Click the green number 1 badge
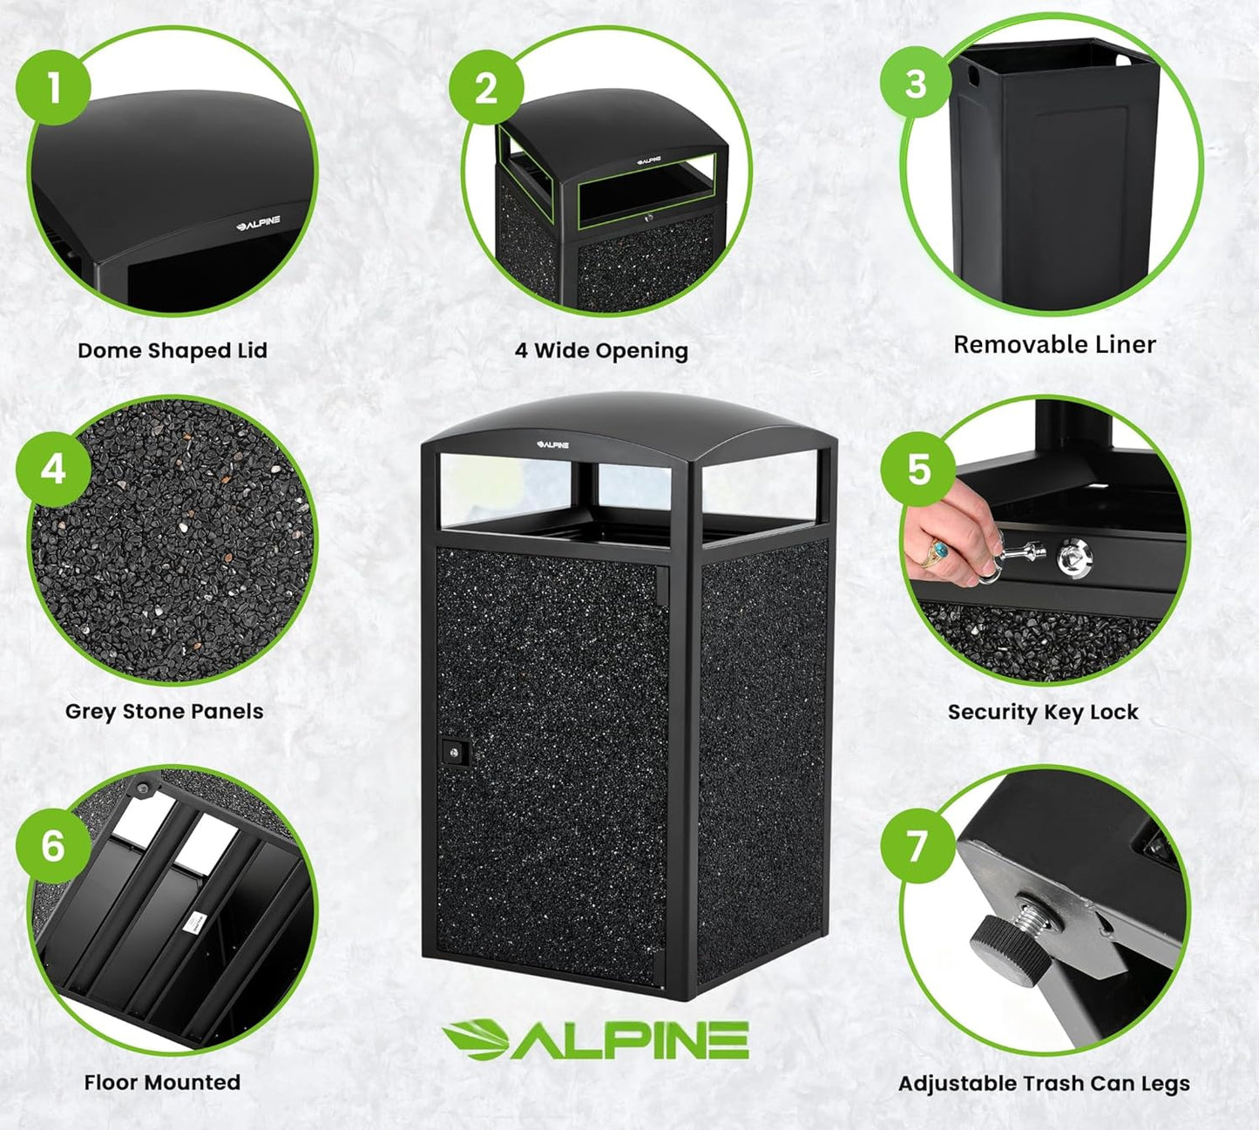click(53, 87)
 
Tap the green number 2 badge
click(486, 88)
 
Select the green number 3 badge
click(916, 84)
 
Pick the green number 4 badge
click(53, 470)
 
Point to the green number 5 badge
click(918, 469)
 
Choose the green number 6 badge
click(53, 845)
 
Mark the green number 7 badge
click(917, 845)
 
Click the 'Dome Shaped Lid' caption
click(172, 350)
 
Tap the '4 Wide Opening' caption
click(601, 350)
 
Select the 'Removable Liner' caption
click(1054, 344)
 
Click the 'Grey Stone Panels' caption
click(164, 711)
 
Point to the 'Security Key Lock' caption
click(1043, 712)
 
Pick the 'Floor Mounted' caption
click(162, 1082)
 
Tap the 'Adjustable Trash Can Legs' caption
click(1044, 1083)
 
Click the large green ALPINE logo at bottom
click(596, 1039)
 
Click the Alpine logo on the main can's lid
click(552, 444)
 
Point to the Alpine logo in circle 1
click(258, 223)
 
